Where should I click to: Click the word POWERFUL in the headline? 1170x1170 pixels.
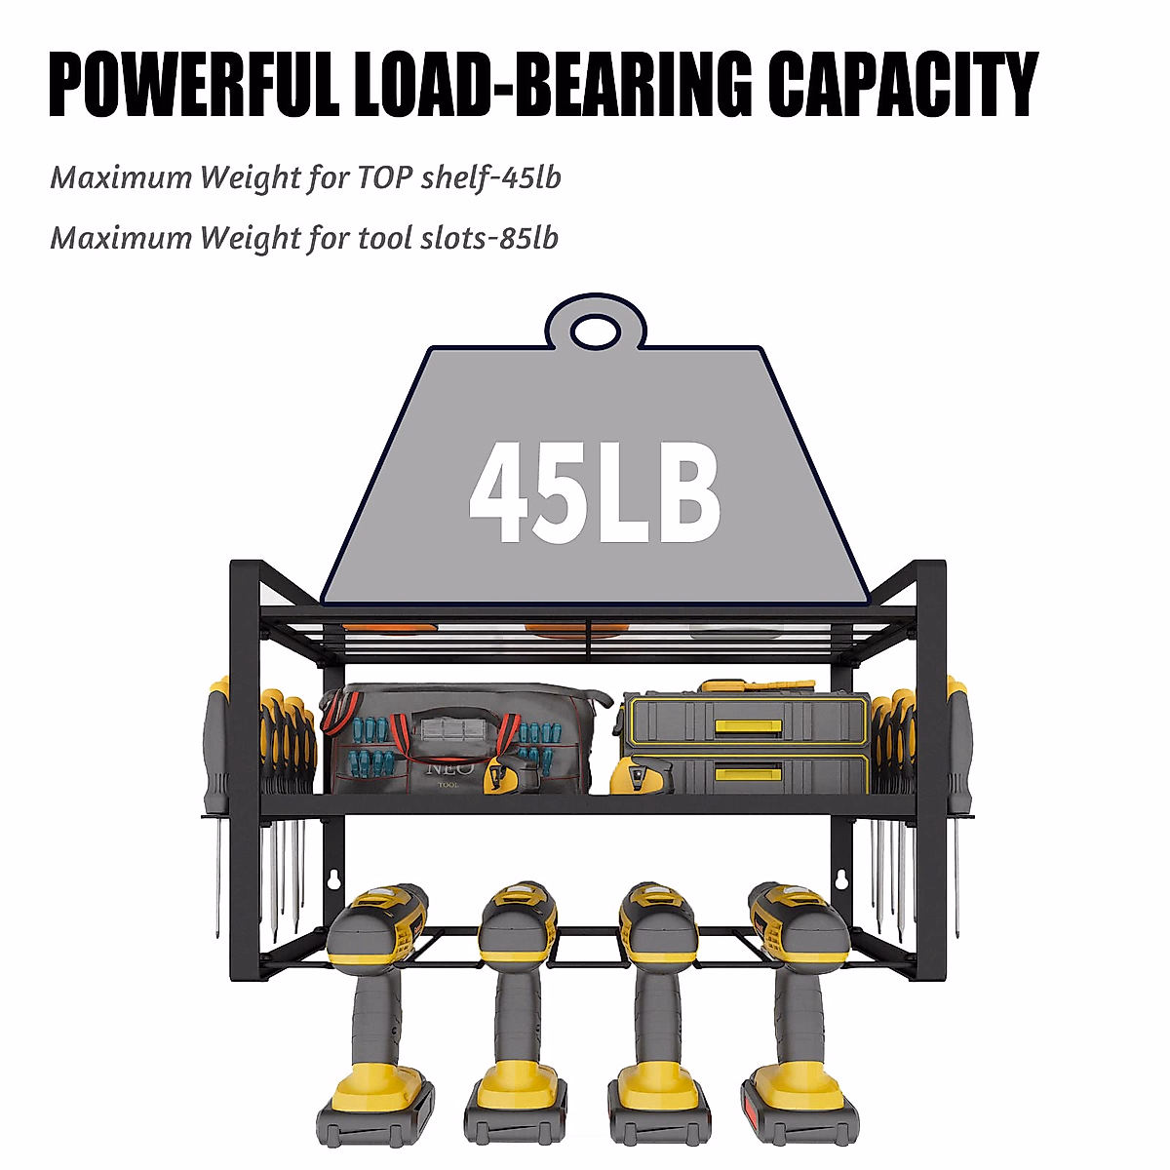pyautogui.click(x=193, y=85)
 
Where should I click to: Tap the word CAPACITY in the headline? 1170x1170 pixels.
pyautogui.click(x=902, y=85)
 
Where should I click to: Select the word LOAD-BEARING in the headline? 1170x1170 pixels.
pyautogui.click(x=553, y=85)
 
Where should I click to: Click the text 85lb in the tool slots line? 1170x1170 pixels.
pyautogui.click(x=528, y=238)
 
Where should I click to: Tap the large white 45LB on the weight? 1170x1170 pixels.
pyautogui.click(x=595, y=493)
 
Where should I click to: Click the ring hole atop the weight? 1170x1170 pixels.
pyautogui.click(x=595, y=331)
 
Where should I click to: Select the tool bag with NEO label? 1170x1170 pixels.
pyautogui.click(x=458, y=738)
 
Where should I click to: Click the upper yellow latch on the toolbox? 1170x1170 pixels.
pyautogui.click(x=748, y=725)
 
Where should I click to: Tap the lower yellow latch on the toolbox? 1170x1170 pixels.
pyautogui.click(x=748, y=773)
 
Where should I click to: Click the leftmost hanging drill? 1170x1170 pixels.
pyautogui.click(x=376, y=1014)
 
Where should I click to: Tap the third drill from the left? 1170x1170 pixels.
pyautogui.click(x=655, y=1014)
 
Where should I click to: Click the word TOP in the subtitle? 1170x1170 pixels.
pyautogui.click(x=384, y=177)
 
